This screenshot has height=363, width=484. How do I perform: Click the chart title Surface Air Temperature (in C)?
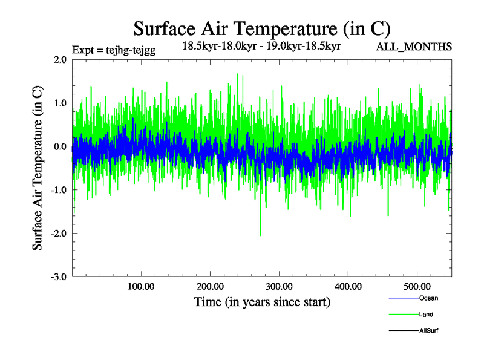click(x=262, y=28)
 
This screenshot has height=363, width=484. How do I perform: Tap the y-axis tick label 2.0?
click(x=60, y=59)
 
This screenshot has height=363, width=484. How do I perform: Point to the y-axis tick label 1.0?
click(x=60, y=103)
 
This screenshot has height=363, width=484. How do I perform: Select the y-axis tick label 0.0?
click(x=60, y=146)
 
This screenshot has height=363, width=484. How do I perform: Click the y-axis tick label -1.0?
click(x=58, y=190)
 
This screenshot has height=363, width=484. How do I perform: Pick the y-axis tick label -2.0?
click(x=58, y=234)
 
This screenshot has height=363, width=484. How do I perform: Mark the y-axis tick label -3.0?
click(x=58, y=277)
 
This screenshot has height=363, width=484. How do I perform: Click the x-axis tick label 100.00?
click(x=141, y=286)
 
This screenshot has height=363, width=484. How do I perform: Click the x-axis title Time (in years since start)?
click(x=262, y=302)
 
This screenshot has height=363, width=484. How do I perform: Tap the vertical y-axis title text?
click(x=38, y=168)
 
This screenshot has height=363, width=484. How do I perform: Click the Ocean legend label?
click(x=428, y=298)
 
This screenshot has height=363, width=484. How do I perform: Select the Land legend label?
click(x=426, y=315)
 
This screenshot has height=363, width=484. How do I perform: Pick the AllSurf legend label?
click(x=429, y=331)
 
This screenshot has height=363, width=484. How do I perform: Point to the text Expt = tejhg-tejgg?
click(x=114, y=50)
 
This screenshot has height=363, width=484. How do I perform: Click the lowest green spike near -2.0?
click(x=260, y=235)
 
